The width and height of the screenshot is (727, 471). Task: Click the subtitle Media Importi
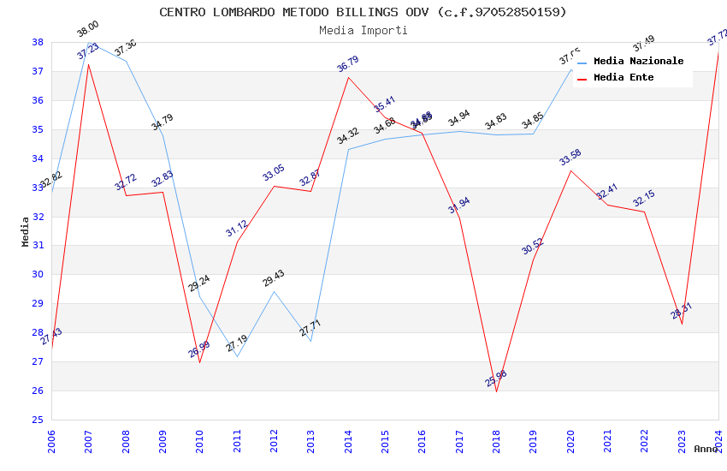[x=363, y=30]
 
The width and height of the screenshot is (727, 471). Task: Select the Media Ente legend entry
[x=624, y=77]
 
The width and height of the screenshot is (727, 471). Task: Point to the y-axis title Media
[x=26, y=231]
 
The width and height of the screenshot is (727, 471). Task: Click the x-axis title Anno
[x=706, y=448]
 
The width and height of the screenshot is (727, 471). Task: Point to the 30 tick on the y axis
[x=38, y=274]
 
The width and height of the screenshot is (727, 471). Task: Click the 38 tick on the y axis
[x=38, y=42]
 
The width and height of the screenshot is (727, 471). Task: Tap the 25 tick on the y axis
[x=38, y=420]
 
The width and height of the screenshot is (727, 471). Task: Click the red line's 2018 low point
[x=496, y=391]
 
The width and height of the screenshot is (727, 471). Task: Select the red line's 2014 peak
[x=348, y=78]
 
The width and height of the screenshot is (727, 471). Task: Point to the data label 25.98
[x=496, y=378]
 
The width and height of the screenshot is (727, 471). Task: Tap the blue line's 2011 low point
[x=237, y=356]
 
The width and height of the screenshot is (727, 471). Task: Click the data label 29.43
[x=274, y=277]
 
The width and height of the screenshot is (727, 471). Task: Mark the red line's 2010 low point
[x=199, y=362]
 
